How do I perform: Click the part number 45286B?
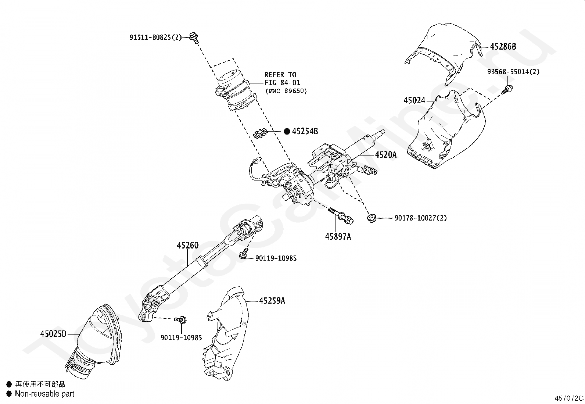[503, 47]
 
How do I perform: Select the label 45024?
[414, 100]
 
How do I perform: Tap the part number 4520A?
[385, 155]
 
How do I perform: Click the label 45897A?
[338, 237]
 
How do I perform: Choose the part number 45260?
[187, 245]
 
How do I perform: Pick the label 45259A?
[272, 301]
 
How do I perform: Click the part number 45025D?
[53, 334]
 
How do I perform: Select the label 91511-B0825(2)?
[155, 37]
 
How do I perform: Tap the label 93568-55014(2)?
[513, 72]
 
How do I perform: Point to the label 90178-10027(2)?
[420, 218]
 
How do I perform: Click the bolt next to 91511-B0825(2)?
[194, 36]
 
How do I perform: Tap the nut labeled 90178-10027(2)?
[371, 218]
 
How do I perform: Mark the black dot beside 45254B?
[287, 131]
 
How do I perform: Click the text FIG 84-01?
[282, 83]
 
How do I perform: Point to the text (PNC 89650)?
[286, 91]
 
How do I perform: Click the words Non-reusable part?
[44, 394]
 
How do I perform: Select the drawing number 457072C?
[569, 398]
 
